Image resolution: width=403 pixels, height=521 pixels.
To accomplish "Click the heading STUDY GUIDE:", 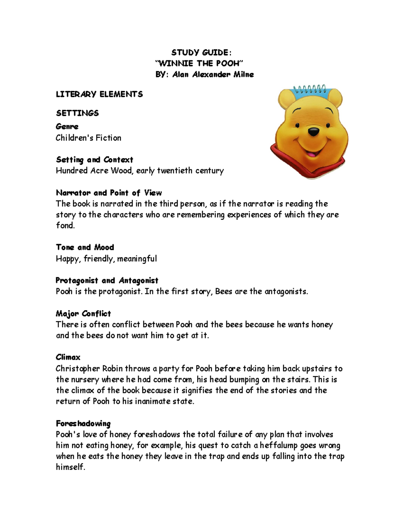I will (x=201, y=52).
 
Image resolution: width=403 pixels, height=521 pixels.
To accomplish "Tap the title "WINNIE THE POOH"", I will (x=198, y=63).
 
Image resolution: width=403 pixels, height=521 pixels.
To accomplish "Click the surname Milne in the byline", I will (x=242, y=74).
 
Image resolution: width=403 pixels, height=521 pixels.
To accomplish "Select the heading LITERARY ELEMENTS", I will (x=99, y=94).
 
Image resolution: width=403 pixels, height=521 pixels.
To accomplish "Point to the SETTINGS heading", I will (x=77, y=113).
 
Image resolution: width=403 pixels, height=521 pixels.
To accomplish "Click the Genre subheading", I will (x=67, y=126).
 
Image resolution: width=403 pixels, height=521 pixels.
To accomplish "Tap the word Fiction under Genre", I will (x=108, y=138).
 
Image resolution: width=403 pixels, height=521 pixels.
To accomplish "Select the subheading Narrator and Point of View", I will (x=109, y=193).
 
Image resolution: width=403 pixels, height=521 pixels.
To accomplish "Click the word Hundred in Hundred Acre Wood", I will (x=72, y=170).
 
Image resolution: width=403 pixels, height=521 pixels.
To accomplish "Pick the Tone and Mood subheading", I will (x=85, y=247).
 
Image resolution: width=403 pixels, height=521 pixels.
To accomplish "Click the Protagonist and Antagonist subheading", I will (x=107, y=280).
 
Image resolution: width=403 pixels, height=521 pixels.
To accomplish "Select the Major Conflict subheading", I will (x=83, y=313).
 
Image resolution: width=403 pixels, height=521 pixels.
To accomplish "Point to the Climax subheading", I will (x=68, y=357).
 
